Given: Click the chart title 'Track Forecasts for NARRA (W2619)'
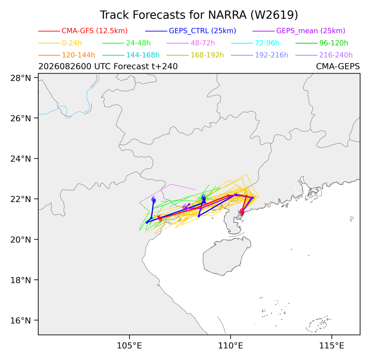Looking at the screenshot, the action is coord(199,15).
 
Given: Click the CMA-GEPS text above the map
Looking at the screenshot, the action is coord(338,67).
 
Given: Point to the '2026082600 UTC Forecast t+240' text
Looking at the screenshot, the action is coord(108,67).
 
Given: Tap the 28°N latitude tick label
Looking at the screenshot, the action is coord(21,78).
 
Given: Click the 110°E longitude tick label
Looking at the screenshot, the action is coord(231,346).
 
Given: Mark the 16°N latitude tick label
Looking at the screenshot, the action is coord(21,320).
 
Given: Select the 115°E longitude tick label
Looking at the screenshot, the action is coord(332,346).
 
